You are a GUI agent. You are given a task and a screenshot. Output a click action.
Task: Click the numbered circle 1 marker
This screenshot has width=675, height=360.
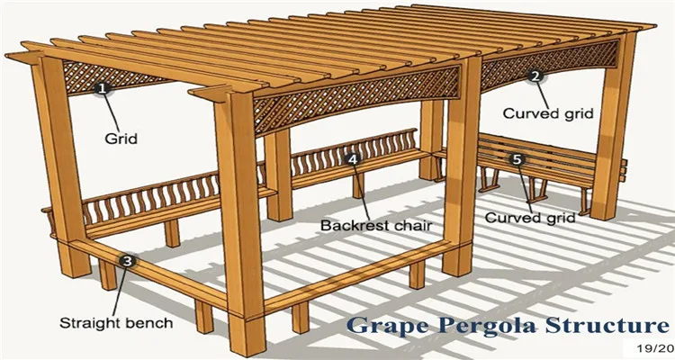click(102, 88)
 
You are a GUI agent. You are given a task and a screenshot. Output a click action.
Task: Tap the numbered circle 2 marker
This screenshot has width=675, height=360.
click(535, 76)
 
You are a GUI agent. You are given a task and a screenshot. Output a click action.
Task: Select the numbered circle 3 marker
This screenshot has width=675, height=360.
click(129, 261)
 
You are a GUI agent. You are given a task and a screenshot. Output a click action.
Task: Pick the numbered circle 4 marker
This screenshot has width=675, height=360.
click(353, 159)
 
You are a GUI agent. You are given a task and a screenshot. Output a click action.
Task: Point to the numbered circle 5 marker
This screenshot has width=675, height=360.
click(516, 159)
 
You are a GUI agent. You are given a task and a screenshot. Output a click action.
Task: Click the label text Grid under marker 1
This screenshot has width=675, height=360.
click(120, 140)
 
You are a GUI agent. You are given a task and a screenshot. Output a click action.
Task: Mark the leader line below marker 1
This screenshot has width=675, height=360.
click(111, 112)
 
